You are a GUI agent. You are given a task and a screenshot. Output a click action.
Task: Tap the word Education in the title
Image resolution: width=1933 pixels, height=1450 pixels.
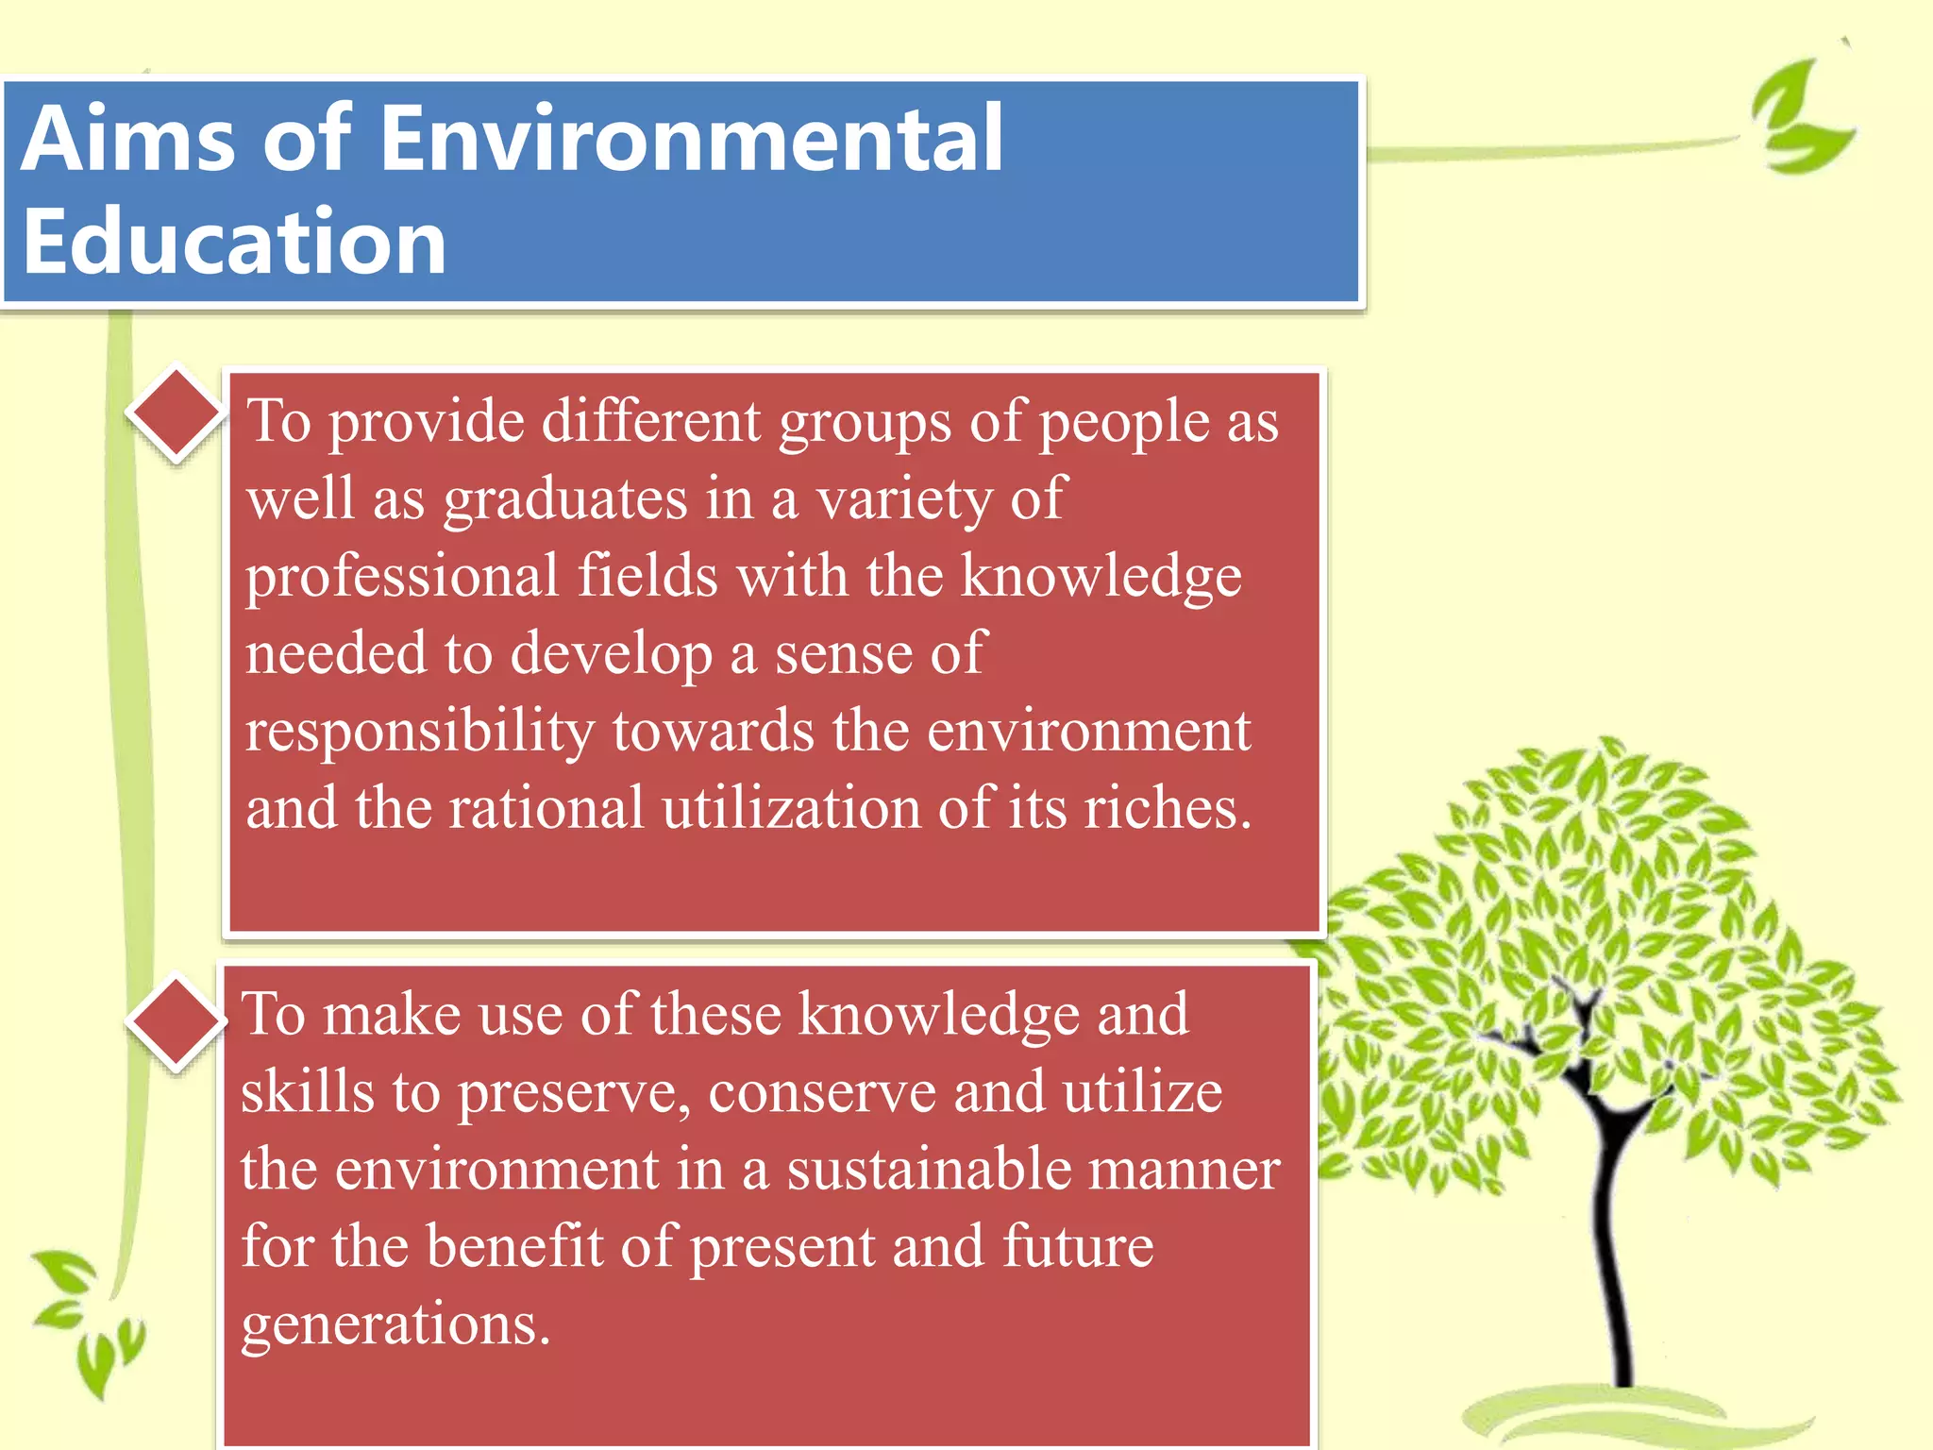pyautogui.click(x=234, y=244)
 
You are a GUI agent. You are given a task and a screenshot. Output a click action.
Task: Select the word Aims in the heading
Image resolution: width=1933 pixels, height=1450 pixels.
pyautogui.click(x=127, y=140)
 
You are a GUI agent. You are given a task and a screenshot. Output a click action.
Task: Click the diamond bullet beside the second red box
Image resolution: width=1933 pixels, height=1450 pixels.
pyautogui.click(x=176, y=1023)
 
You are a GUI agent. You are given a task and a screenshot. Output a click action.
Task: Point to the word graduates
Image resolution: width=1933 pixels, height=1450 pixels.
pyautogui.click(x=564, y=500)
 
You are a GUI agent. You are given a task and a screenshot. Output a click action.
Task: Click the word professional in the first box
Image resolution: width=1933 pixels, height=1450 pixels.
pyautogui.click(x=402, y=578)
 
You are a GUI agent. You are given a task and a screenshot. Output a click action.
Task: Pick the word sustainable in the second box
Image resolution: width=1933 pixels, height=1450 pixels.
pyautogui.click(x=929, y=1170)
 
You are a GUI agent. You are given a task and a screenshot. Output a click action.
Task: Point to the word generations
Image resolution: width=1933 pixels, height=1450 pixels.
pyautogui.click(x=395, y=1324)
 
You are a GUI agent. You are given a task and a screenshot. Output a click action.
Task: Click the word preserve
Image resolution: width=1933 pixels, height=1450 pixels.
pyautogui.click(x=574, y=1093)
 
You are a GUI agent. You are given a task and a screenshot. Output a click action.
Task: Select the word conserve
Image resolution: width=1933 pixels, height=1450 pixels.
pyautogui.click(x=821, y=1093)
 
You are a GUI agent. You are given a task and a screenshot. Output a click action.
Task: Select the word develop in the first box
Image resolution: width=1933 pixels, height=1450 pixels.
pyautogui.click(x=610, y=655)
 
